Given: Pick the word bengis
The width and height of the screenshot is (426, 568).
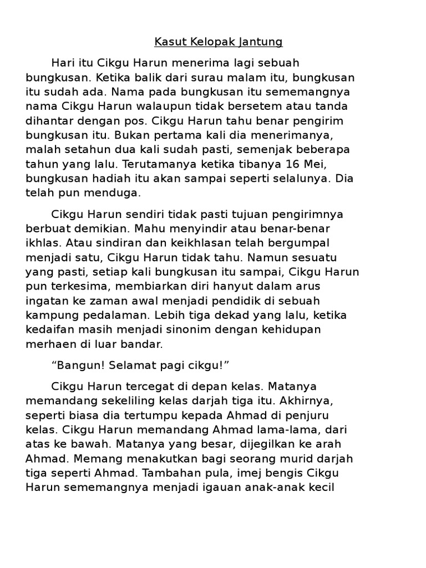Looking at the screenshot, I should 298,473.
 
